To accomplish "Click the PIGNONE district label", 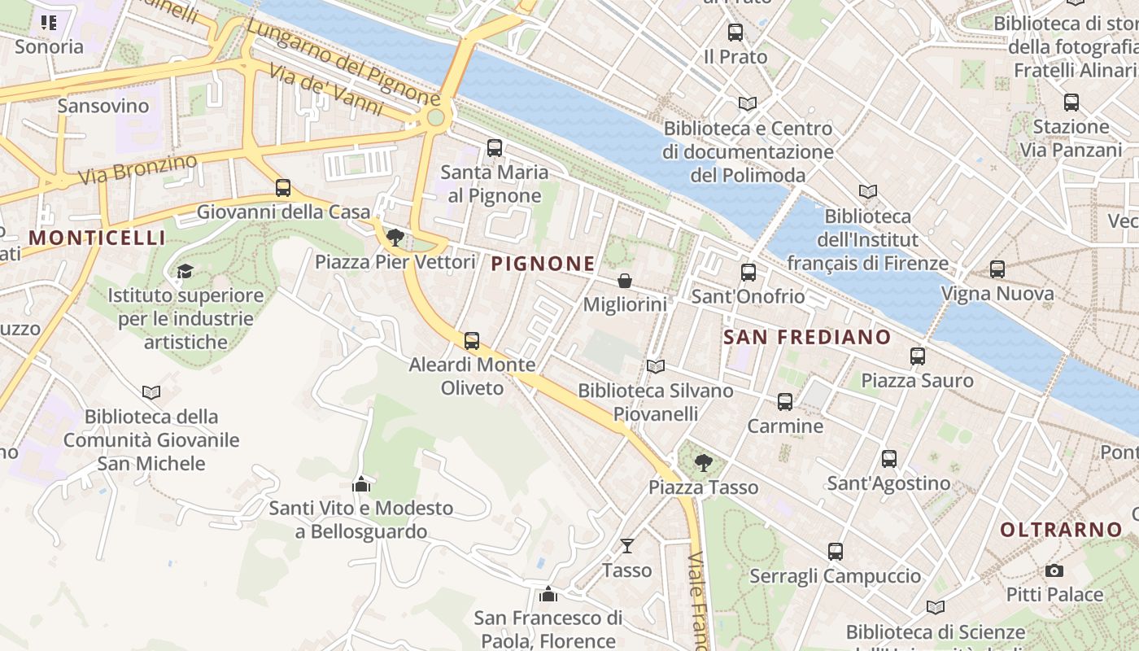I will click(543, 264).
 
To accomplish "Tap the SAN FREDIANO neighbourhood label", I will click(807, 337).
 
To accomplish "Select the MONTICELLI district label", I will click(97, 238).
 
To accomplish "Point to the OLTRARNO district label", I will click(1061, 530).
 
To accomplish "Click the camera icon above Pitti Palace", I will click(1054, 570).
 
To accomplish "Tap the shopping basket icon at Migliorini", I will click(625, 281).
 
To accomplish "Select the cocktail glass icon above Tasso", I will click(626, 545).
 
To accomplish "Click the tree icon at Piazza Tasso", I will click(703, 463).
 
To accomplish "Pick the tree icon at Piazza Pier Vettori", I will click(395, 238).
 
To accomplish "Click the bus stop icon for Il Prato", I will click(735, 33).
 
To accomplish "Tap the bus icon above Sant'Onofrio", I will click(748, 273).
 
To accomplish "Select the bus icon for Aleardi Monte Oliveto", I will click(472, 341).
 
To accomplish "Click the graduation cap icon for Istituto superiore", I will click(185, 271).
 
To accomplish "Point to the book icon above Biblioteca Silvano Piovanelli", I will click(655, 367).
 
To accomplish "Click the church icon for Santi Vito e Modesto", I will click(361, 485).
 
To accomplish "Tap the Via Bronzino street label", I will click(137, 168).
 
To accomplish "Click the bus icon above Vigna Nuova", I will click(997, 269).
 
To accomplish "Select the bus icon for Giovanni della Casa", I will click(283, 188).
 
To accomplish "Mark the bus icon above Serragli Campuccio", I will click(836, 552).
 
